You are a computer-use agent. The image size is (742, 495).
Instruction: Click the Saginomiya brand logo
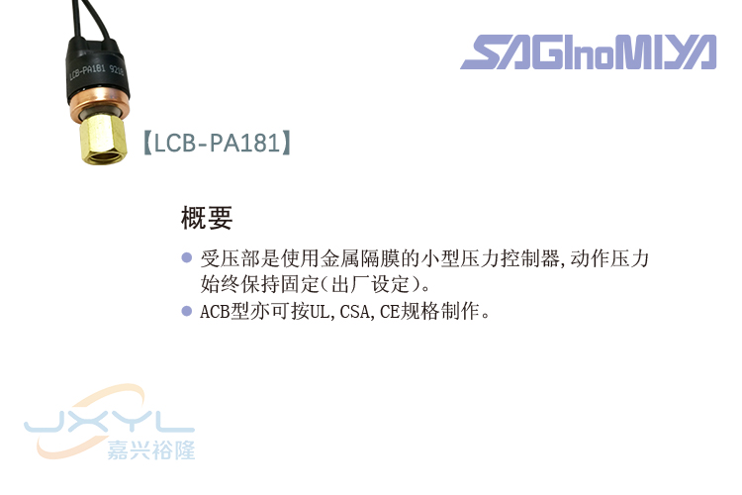pyautogui.click(x=588, y=51)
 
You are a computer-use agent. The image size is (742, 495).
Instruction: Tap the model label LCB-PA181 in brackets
pyautogui.click(x=217, y=145)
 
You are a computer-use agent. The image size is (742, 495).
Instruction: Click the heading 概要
pyautogui.click(x=206, y=216)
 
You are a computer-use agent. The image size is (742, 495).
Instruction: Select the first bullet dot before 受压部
pyautogui.click(x=185, y=258)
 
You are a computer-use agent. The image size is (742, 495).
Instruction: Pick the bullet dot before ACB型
pyautogui.click(x=185, y=311)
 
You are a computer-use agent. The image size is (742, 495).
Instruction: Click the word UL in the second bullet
pyautogui.click(x=319, y=312)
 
